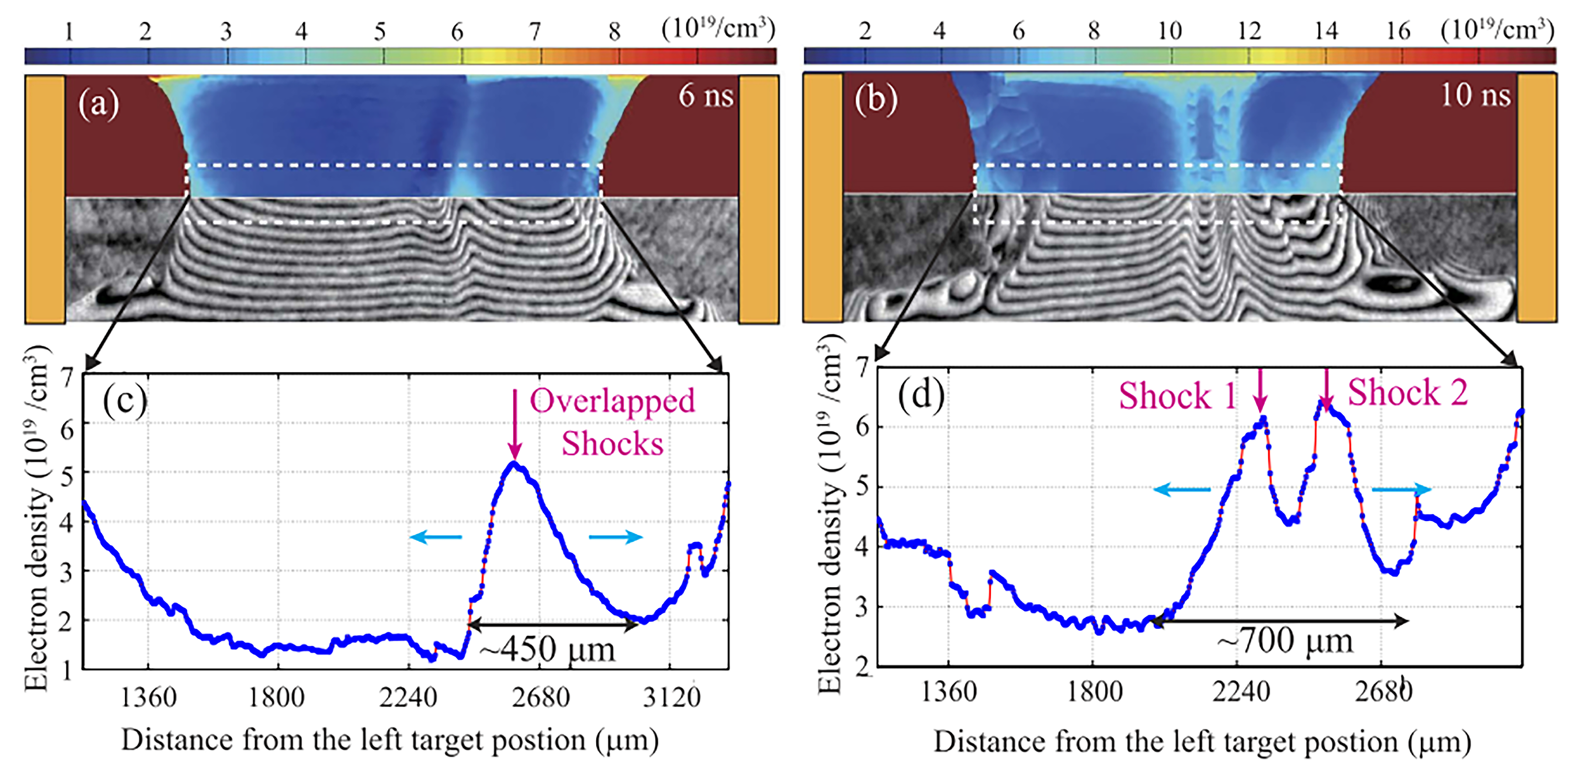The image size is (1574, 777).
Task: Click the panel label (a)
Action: coord(99,104)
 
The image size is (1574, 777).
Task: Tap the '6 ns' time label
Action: coord(706,96)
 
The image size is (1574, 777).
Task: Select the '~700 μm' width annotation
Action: coord(1284,642)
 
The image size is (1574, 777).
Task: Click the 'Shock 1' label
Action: coord(1177,396)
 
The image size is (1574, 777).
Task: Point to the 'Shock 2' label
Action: coord(1408,392)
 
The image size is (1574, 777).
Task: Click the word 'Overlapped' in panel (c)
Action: coord(612,401)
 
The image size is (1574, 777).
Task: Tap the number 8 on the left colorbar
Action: coord(614,31)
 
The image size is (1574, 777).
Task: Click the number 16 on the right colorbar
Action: coord(1398,31)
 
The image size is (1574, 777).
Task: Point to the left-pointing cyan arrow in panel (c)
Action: coord(436,537)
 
